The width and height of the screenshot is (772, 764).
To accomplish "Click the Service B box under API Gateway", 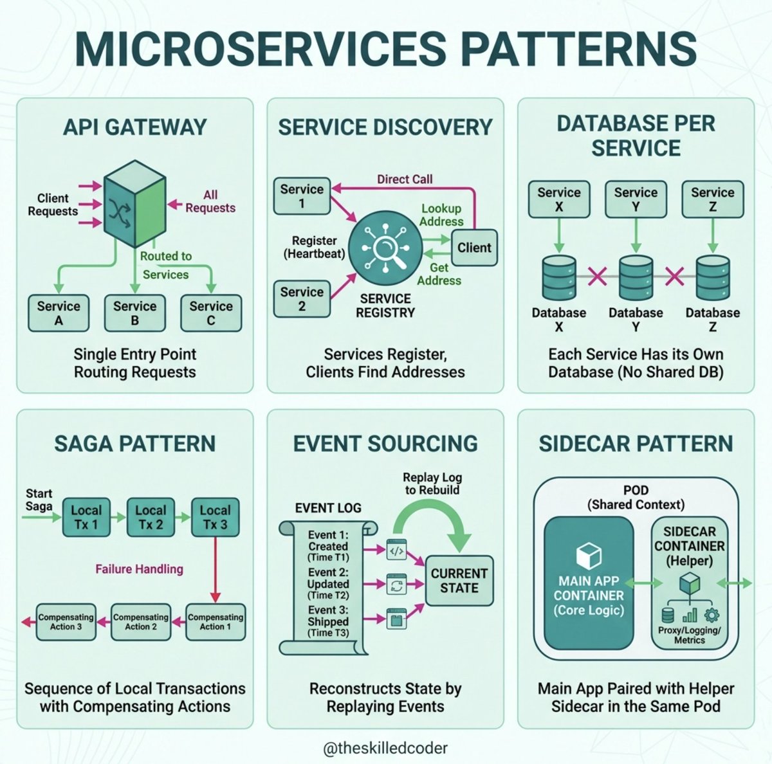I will pyautogui.click(x=134, y=313).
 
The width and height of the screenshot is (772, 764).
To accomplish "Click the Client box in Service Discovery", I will pyautogui.click(x=474, y=248).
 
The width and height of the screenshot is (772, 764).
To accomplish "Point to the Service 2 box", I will pyautogui.click(x=302, y=299).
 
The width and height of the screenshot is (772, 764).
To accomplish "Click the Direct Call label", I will pyautogui.click(x=405, y=179).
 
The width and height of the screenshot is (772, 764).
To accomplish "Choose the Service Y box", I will pyautogui.click(x=636, y=199).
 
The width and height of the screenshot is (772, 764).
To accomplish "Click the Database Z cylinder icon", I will pyautogui.click(x=712, y=278).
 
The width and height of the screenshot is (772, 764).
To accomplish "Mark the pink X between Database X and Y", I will pyautogui.click(x=597, y=277).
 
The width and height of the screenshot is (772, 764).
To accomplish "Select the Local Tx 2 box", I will pyautogui.click(x=151, y=517).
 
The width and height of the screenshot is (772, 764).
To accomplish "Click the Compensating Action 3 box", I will pyautogui.click(x=66, y=622).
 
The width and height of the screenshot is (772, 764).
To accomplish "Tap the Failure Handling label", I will pyautogui.click(x=139, y=569).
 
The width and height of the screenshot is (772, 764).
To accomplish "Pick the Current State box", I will pyautogui.click(x=459, y=581).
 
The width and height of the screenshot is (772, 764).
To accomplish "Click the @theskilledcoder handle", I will pyautogui.click(x=385, y=748).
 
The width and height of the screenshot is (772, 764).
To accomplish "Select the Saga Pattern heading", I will pyautogui.click(x=134, y=444).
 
